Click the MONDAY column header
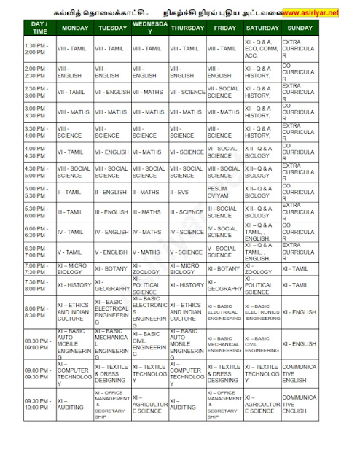pyautogui.click(x=75, y=28)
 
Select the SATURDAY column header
pyautogui.click(x=261, y=28)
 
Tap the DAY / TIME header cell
pyautogui.click(x=39, y=28)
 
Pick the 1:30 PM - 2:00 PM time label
pyautogui.click(x=39, y=49)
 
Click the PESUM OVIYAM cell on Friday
pyautogui.click(x=224, y=192)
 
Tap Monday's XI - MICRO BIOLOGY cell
pyautogui.click(x=75, y=268)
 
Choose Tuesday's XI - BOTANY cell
pyautogui.click(x=111, y=268)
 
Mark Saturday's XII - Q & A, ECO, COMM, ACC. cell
pyautogui.click(x=261, y=49)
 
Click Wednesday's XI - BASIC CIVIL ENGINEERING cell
pyautogui.click(x=149, y=343)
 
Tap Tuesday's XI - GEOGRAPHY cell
pyautogui.click(x=111, y=285)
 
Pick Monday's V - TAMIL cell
pyautogui.click(x=75, y=252)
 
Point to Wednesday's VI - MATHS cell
pyautogui.click(x=149, y=152)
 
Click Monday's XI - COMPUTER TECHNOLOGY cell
pyautogui.click(x=75, y=375)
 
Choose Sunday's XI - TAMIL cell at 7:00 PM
pyautogui.click(x=297, y=268)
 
